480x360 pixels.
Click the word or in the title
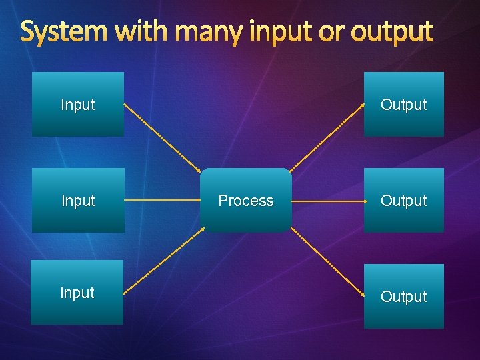click(x=331, y=32)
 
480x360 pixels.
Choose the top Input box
click(x=78, y=104)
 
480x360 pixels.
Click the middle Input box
click(x=78, y=200)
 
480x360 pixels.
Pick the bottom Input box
click(x=77, y=292)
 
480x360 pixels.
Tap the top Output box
click(x=403, y=104)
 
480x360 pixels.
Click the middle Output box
click(x=403, y=200)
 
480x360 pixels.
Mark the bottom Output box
click(x=403, y=296)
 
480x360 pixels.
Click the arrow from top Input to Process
click(x=162, y=136)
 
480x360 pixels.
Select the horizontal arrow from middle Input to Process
click(x=162, y=200)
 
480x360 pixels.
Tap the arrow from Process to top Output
click(x=327, y=136)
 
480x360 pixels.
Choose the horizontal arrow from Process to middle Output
click(x=327, y=200)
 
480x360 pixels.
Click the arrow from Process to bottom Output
click(x=327, y=263)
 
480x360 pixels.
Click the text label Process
click(x=246, y=201)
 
